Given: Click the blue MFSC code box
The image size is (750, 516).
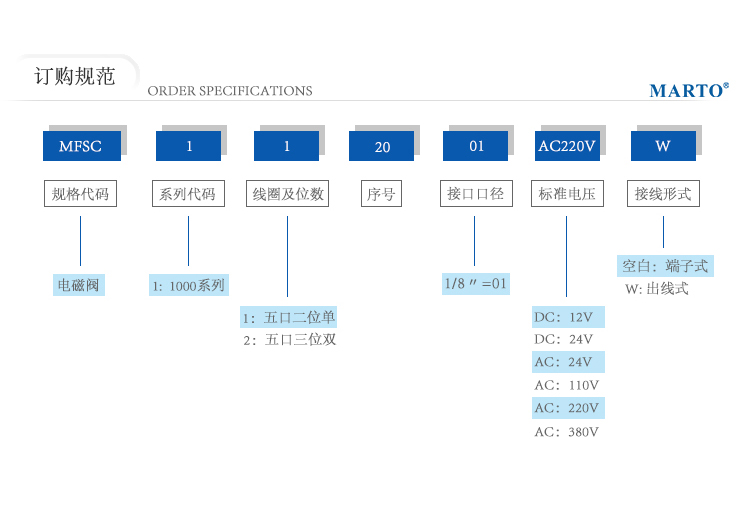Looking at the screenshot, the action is coord(82,146).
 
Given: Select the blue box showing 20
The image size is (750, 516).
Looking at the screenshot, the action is coord(381,146).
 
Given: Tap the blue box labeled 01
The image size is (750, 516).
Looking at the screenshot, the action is coord(475,146).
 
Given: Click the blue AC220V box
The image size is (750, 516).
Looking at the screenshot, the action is coord(567,146).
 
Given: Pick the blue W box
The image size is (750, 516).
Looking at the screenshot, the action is coord(663,146).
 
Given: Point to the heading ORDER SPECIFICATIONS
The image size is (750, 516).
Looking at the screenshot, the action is coord(230,91).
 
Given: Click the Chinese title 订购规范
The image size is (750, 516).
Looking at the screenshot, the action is coord(75,76).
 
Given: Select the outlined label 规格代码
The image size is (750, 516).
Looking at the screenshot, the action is coord(80,193).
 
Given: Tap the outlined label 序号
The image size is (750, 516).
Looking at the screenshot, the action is coord(381,193).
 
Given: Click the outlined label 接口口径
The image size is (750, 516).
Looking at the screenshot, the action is coord(476,193).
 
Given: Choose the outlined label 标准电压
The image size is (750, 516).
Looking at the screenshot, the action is coord(567,193).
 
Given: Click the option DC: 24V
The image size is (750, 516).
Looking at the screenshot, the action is coord(563,340).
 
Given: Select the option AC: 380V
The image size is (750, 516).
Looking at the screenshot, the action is coord(566,432).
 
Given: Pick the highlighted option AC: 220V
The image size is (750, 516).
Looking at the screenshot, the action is coord(568,408).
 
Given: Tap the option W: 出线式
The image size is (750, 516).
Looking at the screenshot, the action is coord(657,289).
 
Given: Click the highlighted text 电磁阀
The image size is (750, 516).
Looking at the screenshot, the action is coord(78,285).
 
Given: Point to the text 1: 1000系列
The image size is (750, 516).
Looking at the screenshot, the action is coord(189,285).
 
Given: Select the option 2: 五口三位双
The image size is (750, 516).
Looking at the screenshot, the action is coord(290,340).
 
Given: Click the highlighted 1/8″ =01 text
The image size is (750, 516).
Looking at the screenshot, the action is coord(476,284).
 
